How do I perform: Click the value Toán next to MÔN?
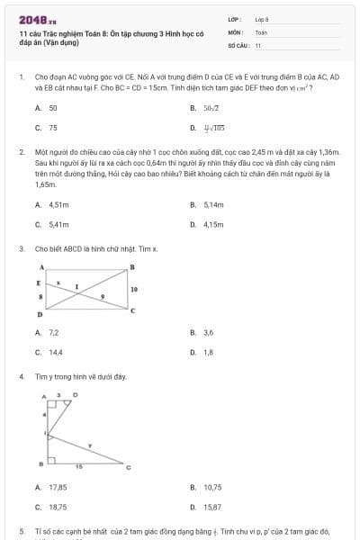pos(261,31)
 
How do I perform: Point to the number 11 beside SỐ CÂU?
pos(258,44)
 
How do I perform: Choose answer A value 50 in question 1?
pos(53,108)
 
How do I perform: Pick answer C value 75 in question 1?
pos(53,128)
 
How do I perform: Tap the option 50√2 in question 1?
pos(211,108)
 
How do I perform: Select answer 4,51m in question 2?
pos(58,204)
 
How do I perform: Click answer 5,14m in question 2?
pos(213,204)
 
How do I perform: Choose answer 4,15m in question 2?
pos(213,224)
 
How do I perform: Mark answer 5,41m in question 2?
pos(58,224)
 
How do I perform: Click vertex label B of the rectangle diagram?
pos(132,266)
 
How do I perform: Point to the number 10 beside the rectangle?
pos(134,289)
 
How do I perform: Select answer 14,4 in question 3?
pos(56,352)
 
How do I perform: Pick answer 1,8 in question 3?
pos(209,352)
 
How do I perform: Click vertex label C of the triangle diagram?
pos(128,467)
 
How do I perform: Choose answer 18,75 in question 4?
pos(58,507)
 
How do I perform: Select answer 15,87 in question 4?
pos(212,507)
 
